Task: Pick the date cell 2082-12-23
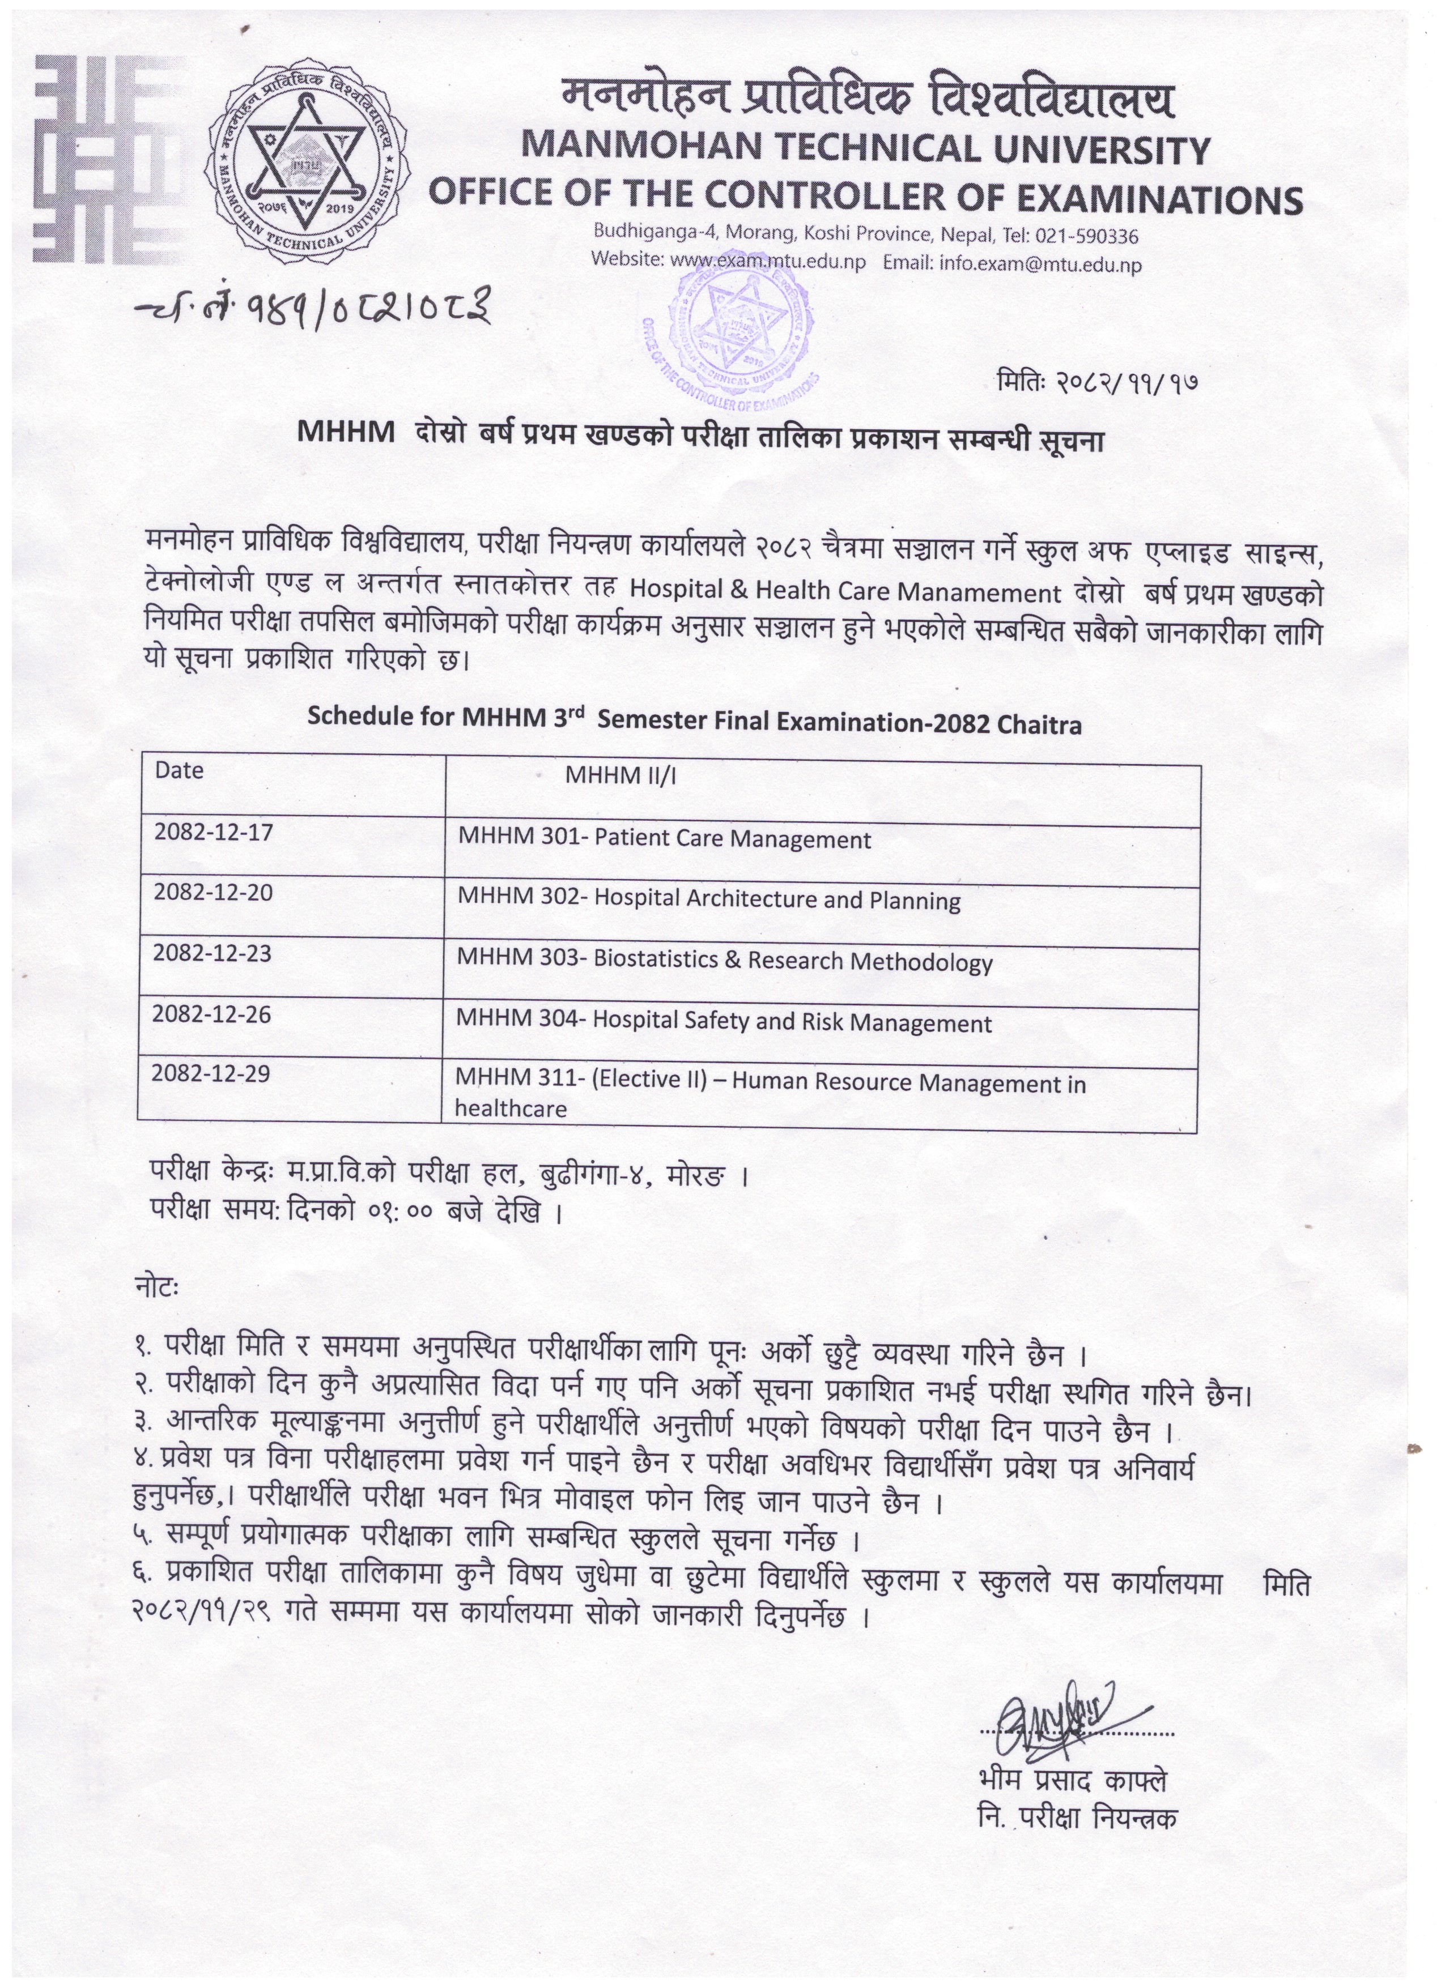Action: [213, 953]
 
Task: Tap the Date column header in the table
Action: [180, 771]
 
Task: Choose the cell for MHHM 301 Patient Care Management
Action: [664, 839]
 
